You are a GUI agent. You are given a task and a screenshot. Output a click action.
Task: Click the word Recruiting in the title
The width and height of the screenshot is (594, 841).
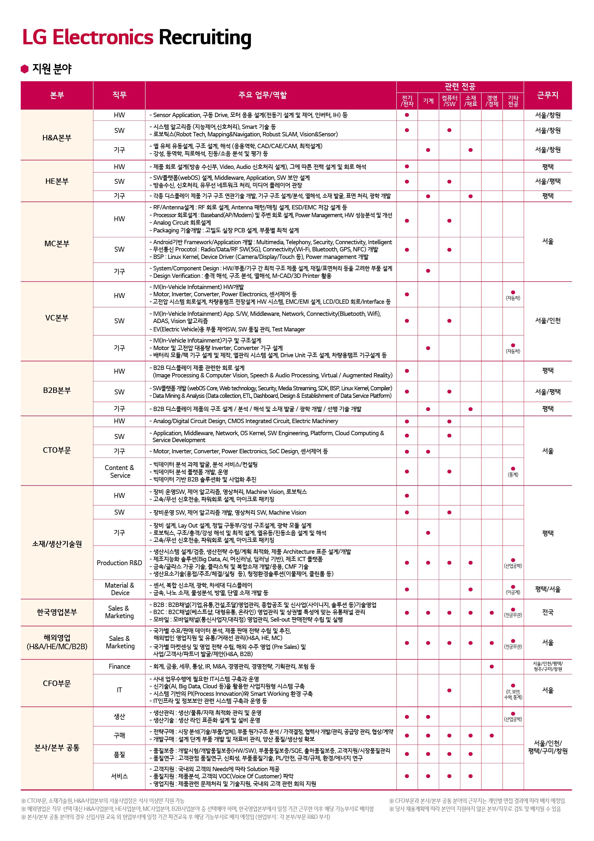(x=205, y=38)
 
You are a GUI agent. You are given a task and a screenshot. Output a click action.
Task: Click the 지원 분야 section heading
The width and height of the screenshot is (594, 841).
(x=52, y=69)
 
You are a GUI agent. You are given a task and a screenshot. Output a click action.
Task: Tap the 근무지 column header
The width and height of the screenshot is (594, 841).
(x=547, y=95)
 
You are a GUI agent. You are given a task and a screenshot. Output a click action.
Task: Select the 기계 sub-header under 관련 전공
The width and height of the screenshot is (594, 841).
(x=428, y=101)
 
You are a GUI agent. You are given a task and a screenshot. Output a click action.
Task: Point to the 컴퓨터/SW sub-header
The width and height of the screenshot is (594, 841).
(x=449, y=101)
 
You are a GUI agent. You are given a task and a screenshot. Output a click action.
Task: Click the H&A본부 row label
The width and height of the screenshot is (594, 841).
(x=57, y=138)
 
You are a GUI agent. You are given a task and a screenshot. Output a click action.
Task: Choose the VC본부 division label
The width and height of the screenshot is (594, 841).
(x=57, y=318)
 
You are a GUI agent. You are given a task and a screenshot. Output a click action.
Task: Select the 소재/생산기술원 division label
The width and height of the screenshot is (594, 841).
(x=57, y=544)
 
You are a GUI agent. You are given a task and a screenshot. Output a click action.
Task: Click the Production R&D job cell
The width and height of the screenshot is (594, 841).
(x=119, y=563)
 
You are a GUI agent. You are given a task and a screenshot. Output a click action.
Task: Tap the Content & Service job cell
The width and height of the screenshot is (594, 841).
(x=119, y=471)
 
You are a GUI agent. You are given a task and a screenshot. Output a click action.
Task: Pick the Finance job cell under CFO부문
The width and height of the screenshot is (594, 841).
(x=119, y=666)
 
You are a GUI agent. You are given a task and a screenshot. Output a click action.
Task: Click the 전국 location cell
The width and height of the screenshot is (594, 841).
(x=547, y=612)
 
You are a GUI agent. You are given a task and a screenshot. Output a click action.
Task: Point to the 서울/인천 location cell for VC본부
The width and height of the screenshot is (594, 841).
(x=547, y=320)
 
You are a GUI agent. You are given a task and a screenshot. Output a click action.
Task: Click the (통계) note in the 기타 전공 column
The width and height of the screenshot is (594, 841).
(x=513, y=474)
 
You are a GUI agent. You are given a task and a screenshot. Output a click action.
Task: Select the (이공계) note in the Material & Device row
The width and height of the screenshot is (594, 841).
(x=513, y=592)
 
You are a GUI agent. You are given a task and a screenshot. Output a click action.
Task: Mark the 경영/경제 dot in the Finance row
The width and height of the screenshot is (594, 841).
(x=491, y=667)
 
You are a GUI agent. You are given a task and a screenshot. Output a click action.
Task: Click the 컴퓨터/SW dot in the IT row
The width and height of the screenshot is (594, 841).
(x=449, y=691)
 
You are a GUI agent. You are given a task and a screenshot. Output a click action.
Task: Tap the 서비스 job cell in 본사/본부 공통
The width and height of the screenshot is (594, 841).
(x=119, y=776)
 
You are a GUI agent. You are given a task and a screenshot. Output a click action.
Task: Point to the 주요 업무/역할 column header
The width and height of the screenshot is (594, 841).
(x=263, y=95)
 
